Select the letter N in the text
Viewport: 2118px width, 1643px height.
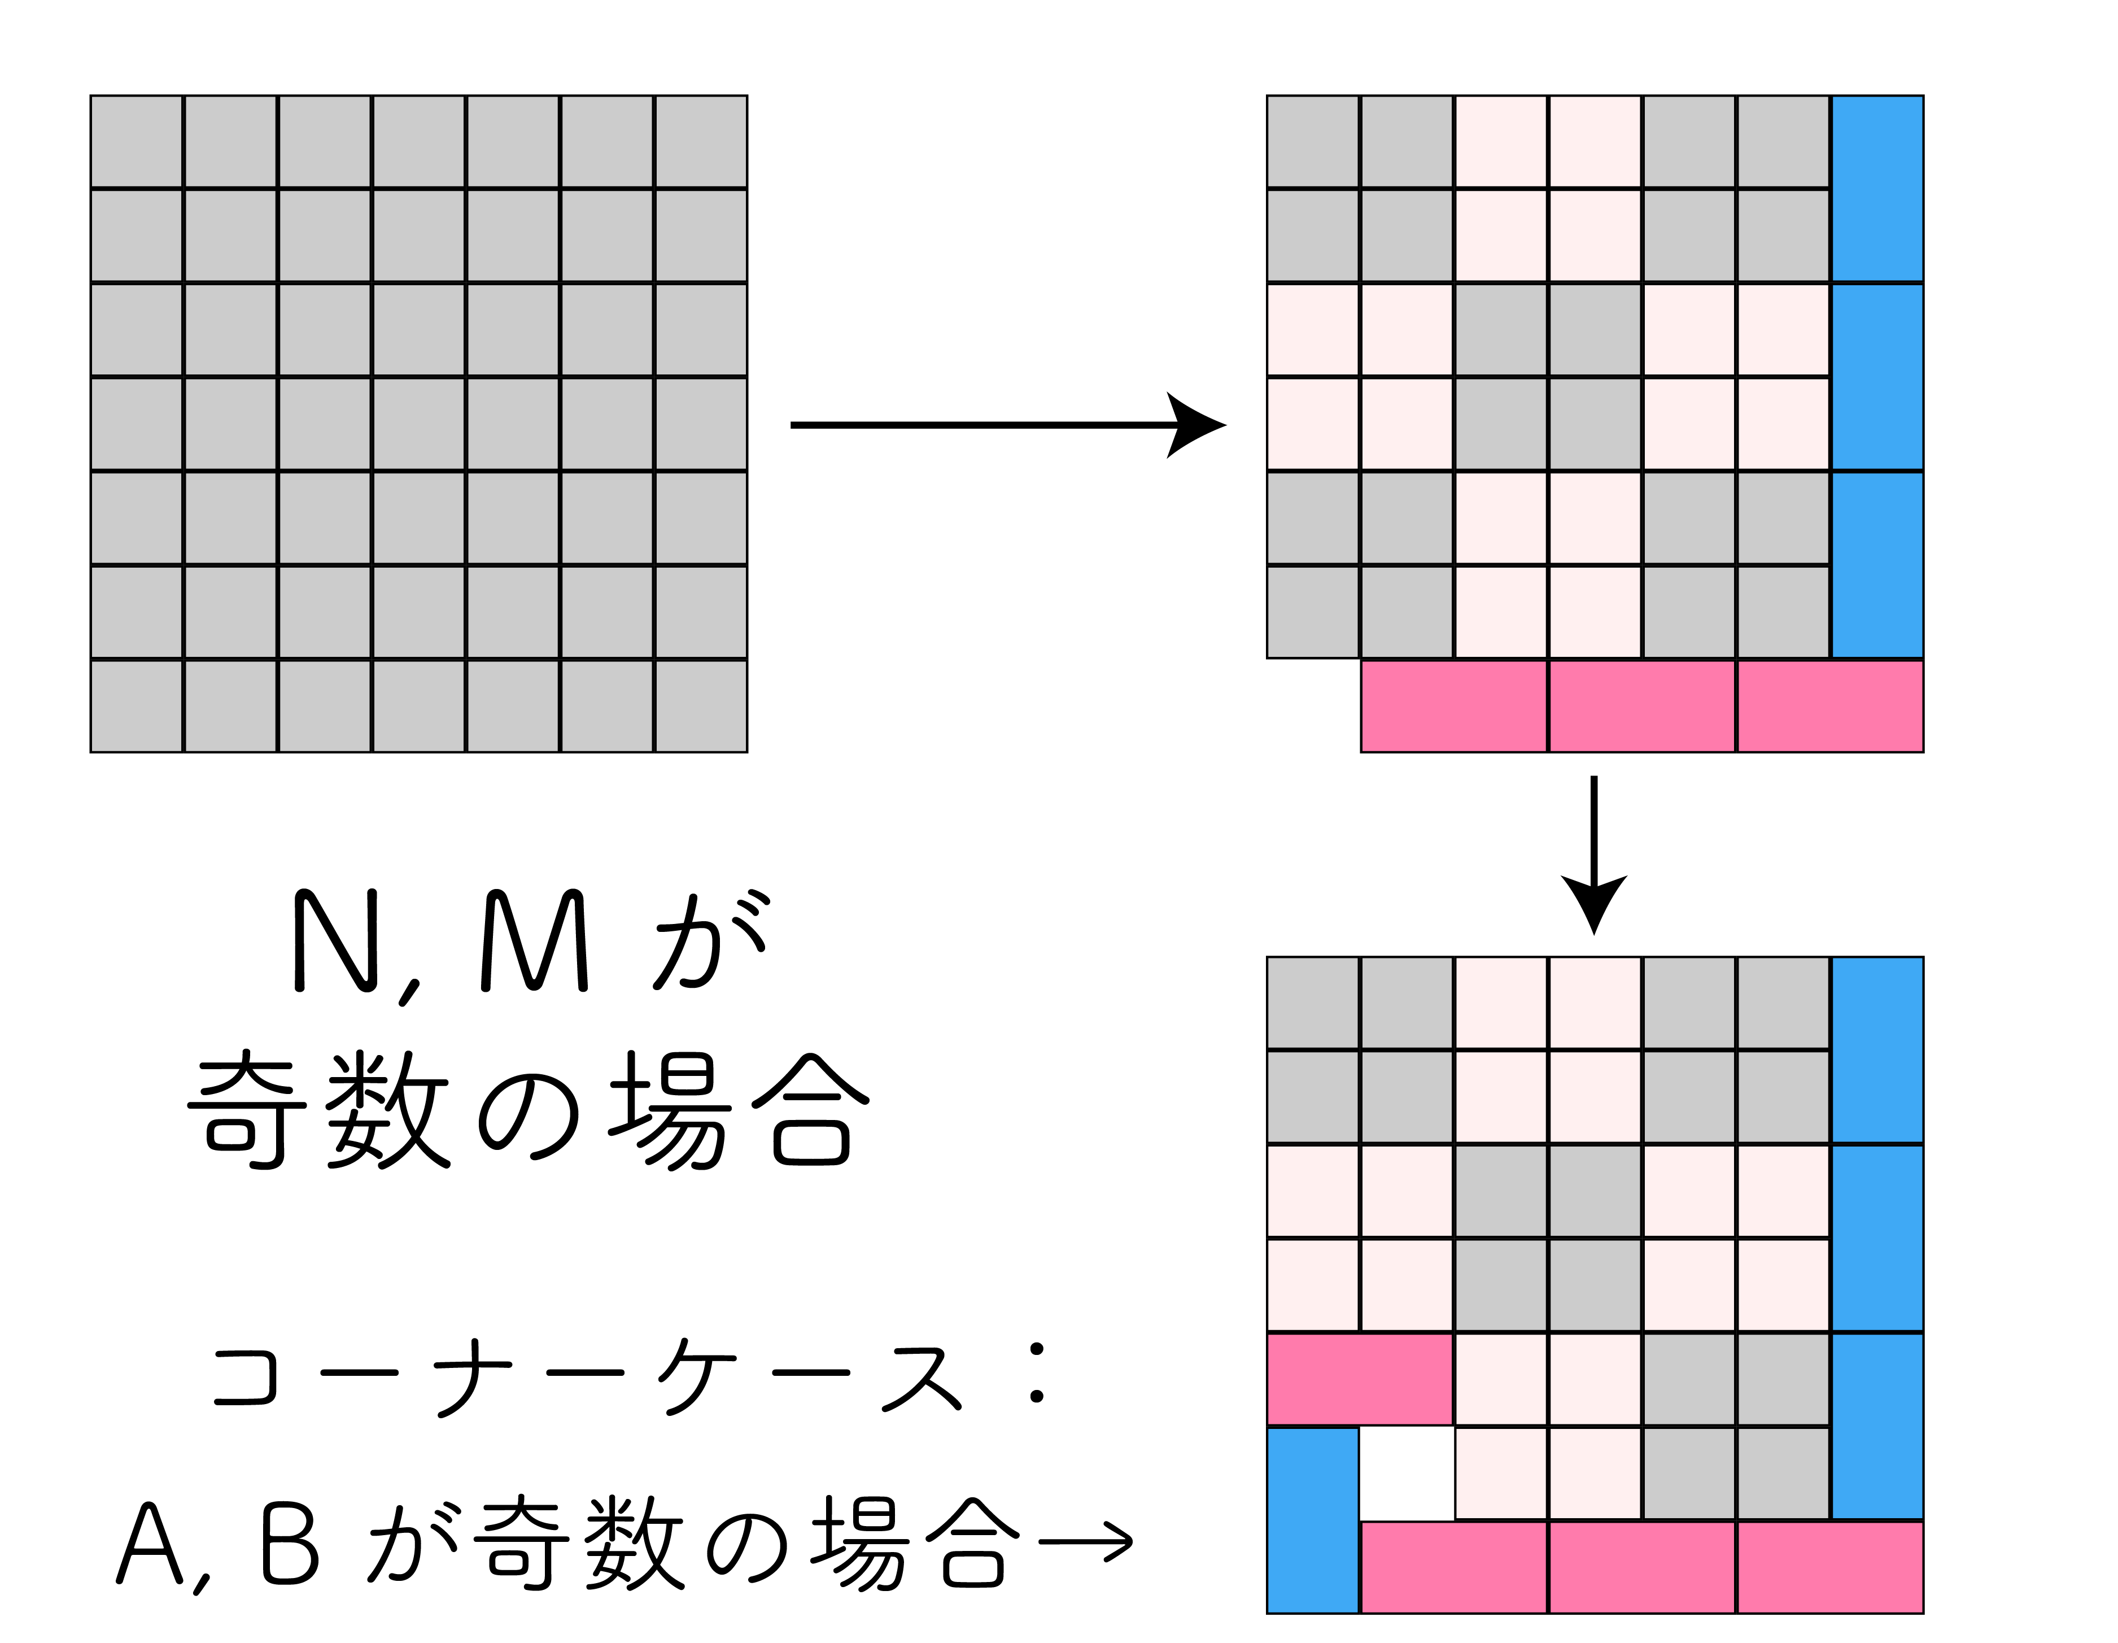[x=335, y=941]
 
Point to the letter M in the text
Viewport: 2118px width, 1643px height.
[x=534, y=941]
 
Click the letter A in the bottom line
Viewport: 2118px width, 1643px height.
[x=150, y=1544]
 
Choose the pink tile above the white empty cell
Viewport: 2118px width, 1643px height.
[x=1360, y=1378]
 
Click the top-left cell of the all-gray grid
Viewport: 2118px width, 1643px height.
[x=137, y=142]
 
